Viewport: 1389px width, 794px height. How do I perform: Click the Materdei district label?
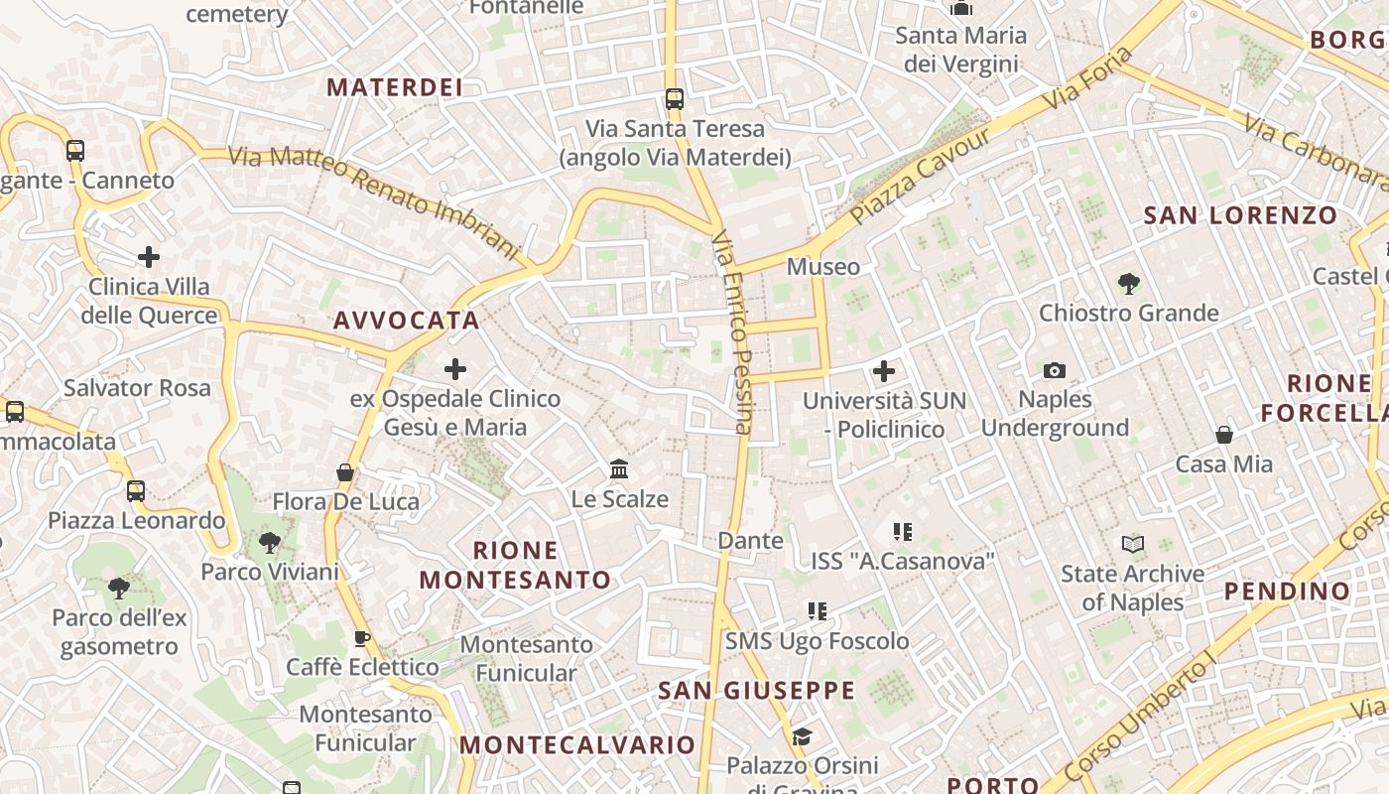click(395, 87)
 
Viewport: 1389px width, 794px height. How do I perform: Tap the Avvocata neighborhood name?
click(407, 321)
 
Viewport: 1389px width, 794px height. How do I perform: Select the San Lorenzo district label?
click(1240, 215)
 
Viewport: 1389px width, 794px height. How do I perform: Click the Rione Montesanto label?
click(515, 565)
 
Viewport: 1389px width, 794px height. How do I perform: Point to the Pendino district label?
click(1287, 592)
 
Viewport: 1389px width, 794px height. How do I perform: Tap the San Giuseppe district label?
click(756, 690)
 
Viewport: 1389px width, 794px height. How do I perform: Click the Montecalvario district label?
click(577, 744)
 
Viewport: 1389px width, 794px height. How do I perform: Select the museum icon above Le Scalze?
click(619, 468)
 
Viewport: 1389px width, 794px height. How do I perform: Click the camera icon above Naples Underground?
click(1055, 370)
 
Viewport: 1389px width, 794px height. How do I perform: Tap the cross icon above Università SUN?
click(883, 371)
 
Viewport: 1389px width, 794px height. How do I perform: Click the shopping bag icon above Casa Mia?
click(1224, 435)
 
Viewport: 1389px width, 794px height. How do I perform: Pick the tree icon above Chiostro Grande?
click(1128, 284)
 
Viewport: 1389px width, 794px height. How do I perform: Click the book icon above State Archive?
click(1132, 544)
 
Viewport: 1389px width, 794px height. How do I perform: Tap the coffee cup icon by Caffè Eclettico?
click(362, 638)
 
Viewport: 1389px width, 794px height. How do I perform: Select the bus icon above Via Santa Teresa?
click(675, 98)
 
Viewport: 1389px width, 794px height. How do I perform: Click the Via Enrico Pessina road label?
click(734, 333)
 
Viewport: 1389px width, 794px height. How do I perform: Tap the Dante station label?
click(750, 541)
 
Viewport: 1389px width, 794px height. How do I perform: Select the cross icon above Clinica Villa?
click(149, 258)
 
